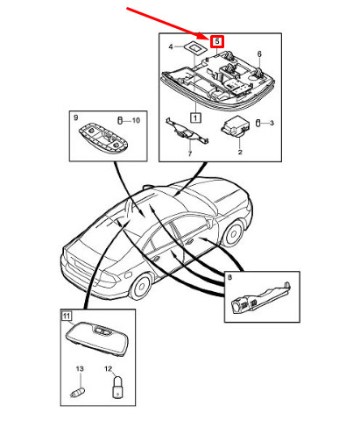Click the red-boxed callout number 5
[x=217, y=41]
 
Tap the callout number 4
[x=171, y=46]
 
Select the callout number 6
[x=259, y=54]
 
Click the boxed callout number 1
[x=195, y=117]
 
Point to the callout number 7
[x=190, y=153]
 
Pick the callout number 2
[x=240, y=153]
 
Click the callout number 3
[x=272, y=123]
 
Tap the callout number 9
[x=75, y=117]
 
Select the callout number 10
[x=136, y=120]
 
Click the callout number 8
[x=229, y=277]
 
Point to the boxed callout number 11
[x=67, y=316]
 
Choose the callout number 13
[x=80, y=369]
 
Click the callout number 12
[x=108, y=369]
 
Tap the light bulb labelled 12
[x=117, y=387]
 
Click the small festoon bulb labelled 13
[x=78, y=392]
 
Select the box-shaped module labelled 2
[x=236, y=126]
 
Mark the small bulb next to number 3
[x=258, y=123]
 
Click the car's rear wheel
[x=141, y=286]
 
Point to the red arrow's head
[x=205, y=37]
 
